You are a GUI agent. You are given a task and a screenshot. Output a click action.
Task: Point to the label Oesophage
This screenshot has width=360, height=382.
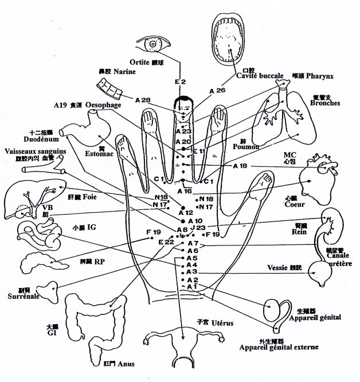(x=103, y=105)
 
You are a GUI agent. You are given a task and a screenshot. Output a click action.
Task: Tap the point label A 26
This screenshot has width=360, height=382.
(x=217, y=91)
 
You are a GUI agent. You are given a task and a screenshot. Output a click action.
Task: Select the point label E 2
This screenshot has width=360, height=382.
(x=181, y=82)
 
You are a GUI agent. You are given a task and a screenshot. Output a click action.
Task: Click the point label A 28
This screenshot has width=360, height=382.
(x=143, y=101)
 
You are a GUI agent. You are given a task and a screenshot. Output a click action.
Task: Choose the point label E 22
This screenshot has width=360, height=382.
(x=165, y=241)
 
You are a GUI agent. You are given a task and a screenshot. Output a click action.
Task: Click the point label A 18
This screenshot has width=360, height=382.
(x=240, y=166)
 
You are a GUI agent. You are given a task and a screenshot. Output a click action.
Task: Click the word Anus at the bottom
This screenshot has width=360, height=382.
(x=129, y=364)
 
